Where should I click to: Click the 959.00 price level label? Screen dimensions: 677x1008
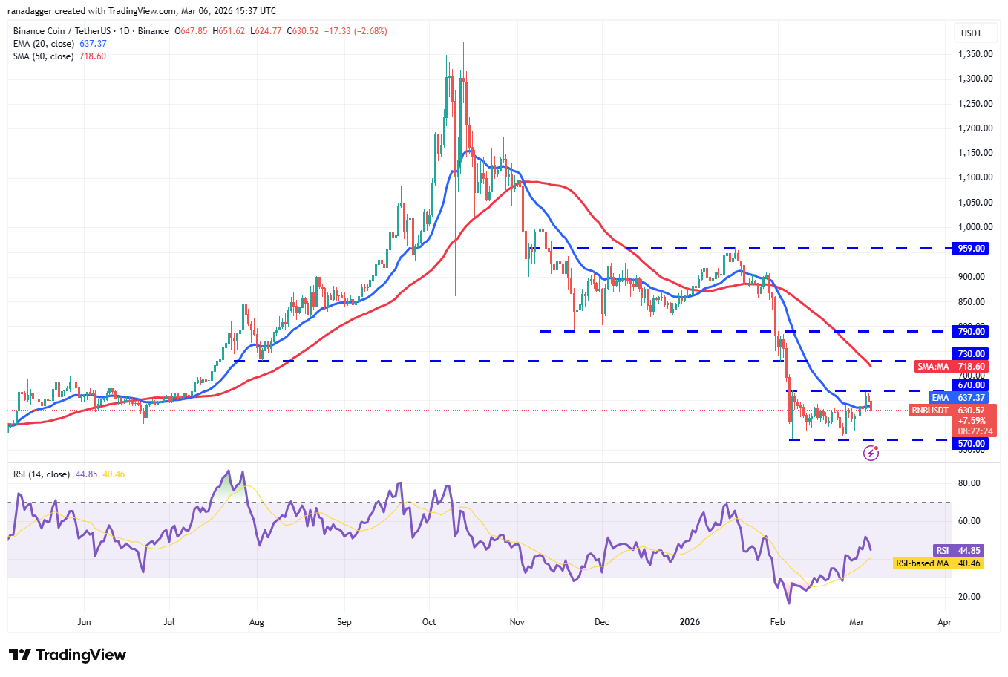tap(971, 249)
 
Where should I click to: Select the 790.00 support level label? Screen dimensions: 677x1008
tap(971, 332)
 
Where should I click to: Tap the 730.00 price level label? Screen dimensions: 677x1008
tap(971, 354)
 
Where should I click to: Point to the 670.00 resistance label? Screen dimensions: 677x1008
tap(971, 385)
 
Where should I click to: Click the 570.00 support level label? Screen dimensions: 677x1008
tap(971, 444)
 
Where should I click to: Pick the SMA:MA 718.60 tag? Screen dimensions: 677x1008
tap(952, 367)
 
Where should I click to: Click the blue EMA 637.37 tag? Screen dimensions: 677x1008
tap(958, 398)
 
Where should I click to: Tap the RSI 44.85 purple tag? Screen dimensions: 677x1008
tap(958, 551)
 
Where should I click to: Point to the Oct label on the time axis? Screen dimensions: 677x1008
tap(429, 622)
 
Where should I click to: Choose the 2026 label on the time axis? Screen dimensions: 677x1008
tap(690, 622)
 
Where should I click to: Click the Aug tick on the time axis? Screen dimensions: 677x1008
tap(257, 622)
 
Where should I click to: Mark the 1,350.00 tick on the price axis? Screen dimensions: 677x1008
tap(975, 54)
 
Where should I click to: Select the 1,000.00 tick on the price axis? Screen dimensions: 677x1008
tap(975, 227)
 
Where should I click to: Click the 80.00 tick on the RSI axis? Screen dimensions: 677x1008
tap(969, 483)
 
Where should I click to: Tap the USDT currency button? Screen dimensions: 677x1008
tap(972, 33)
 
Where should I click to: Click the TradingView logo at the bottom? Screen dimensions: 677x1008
tap(68, 655)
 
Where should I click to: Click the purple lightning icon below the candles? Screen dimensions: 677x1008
tap(871, 453)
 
